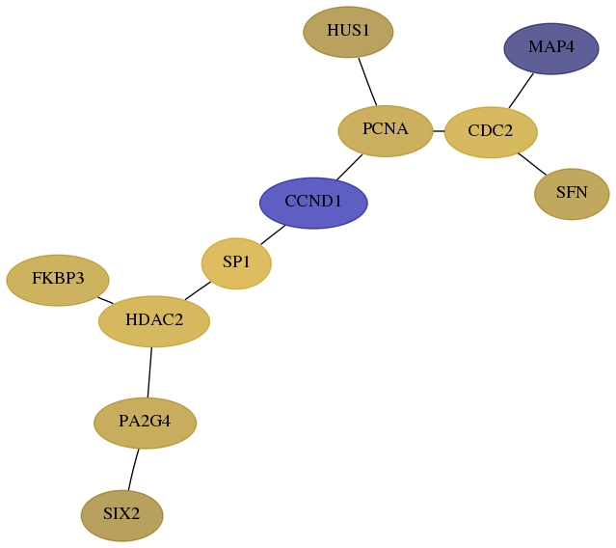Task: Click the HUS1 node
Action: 348,32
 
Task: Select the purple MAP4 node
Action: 551,48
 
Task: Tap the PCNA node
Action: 386,131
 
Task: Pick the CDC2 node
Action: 491,132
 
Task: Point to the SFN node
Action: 572,194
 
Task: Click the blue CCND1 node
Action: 313,203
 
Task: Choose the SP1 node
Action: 236,263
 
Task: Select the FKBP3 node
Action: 58,280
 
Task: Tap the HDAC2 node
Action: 154,321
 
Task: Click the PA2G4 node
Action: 145,423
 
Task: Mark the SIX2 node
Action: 121,515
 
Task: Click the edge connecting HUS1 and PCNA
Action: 367,82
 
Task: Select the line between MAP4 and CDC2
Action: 521,91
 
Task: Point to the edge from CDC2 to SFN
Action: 532,164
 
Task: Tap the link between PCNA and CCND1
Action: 349,168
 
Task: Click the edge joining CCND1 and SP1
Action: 273,234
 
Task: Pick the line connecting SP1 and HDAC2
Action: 198,291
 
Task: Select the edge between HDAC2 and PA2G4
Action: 149,372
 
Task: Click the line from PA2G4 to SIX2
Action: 133,470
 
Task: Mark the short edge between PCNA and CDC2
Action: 439,131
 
